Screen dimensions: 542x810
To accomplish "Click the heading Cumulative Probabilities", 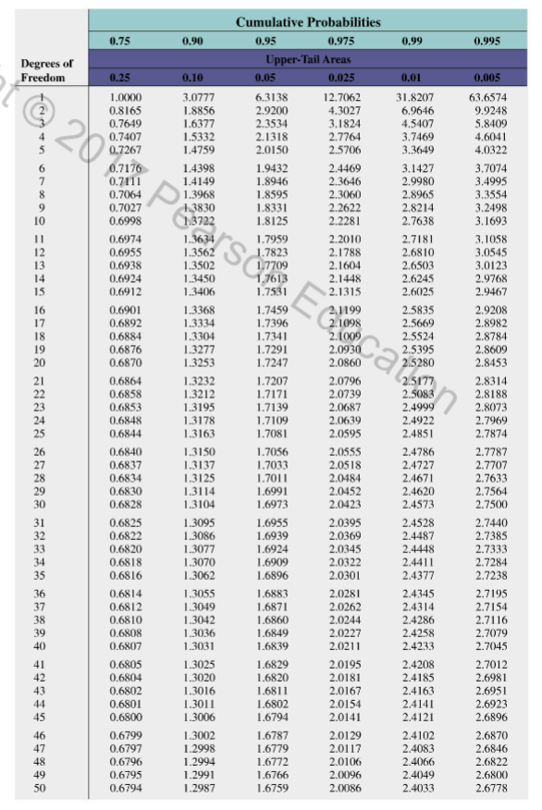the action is pyautogui.click(x=308, y=21).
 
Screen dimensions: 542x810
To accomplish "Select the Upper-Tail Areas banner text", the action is pyautogui.click(x=308, y=58).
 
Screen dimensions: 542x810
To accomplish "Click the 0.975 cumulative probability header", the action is pyautogui.click(x=341, y=41).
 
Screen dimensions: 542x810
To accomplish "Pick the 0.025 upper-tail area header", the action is pyautogui.click(x=341, y=79).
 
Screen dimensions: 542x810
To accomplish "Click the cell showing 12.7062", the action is pyautogui.click(x=341, y=96).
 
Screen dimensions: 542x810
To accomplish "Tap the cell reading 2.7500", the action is pyautogui.click(x=489, y=505).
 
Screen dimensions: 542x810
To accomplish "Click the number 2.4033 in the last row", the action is pyautogui.click(x=416, y=789).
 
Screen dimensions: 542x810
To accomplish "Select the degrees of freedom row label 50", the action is pyautogui.click(x=40, y=789).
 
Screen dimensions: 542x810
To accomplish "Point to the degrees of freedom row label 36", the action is pyautogui.click(x=40, y=592).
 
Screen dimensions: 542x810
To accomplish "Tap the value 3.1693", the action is pyautogui.click(x=489, y=222).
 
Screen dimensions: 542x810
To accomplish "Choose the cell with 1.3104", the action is pyautogui.click(x=196, y=505).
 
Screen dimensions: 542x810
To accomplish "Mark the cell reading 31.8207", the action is pyautogui.click(x=416, y=96).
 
